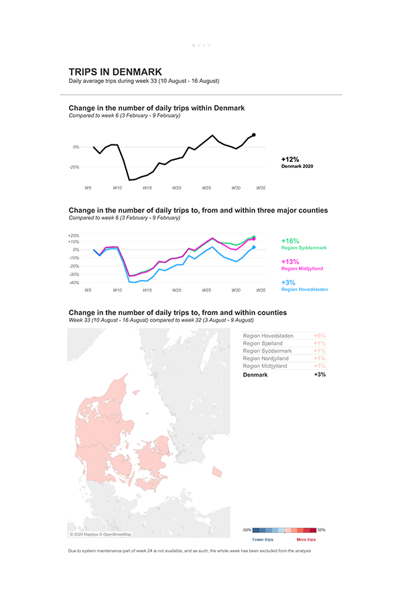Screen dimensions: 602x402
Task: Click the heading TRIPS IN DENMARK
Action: (x=115, y=72)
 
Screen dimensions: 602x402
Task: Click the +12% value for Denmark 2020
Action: (x=290, y=159)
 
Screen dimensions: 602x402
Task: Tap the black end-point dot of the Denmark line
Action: (x=253, y=135)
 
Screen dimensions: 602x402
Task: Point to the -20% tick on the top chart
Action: (x=75, y=167)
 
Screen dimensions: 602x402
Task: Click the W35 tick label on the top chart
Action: (x=261, y=188)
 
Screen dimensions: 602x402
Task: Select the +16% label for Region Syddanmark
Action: (x=290, y=241)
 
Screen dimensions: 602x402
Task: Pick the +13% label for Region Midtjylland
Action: (x=290, y=262)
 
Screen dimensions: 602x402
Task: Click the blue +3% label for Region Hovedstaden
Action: (x=288, y=282)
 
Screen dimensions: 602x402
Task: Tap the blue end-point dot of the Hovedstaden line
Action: (x=253, y=247)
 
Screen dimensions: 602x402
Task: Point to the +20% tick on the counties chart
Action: (x=74, y=235)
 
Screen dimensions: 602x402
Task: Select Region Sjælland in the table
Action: (x=263, y=343)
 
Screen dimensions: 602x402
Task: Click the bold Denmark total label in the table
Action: (x=255, y=375)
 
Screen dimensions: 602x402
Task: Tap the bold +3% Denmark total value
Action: (x=320, y=375)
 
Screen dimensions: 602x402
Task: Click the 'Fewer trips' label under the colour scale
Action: (x=263, y=539)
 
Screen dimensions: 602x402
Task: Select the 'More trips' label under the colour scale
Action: (x=306, y=539)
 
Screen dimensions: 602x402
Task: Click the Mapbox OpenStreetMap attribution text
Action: (x=100, y=534)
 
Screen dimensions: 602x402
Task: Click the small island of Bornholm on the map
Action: (x=216, y=471)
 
